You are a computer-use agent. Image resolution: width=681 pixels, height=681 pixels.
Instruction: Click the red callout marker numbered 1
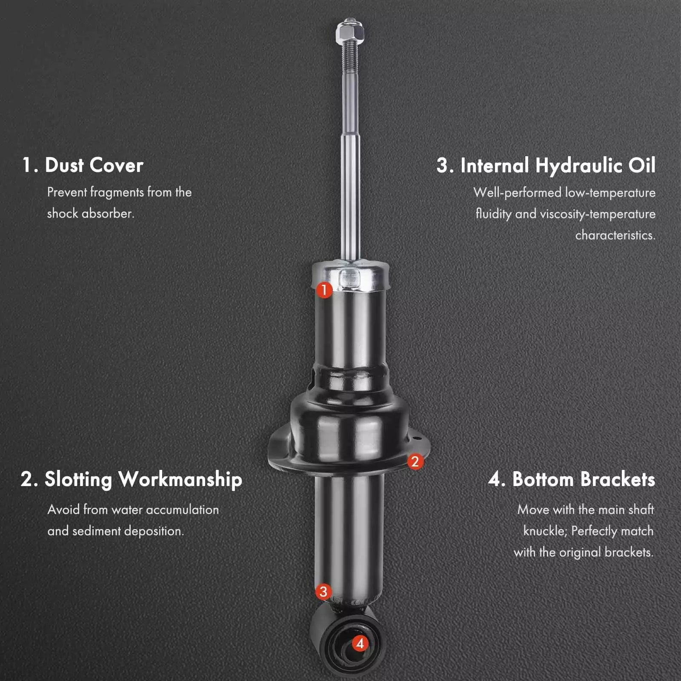pyautogui.click(x=324, y=290)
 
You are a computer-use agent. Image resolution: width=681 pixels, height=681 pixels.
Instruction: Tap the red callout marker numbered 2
pyautogui.click(x=415, y=461)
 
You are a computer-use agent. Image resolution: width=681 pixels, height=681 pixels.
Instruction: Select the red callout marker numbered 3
pyautogui.click(x=323, y=591)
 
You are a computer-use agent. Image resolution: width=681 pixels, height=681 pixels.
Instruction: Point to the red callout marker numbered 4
pyautogui.click(x=360, y=643)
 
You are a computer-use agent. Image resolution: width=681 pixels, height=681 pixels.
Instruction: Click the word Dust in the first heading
pyautogui.click(x=64, y=165)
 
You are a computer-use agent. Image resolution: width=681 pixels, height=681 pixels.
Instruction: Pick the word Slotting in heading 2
pyautogui.click(x=78, y=480)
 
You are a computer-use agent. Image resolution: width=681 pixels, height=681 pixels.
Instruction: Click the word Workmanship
pyautogui.click(x=180, y=480)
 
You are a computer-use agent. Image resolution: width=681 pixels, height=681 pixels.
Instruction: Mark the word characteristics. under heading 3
pyautogui.click(x=615, y=235)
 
